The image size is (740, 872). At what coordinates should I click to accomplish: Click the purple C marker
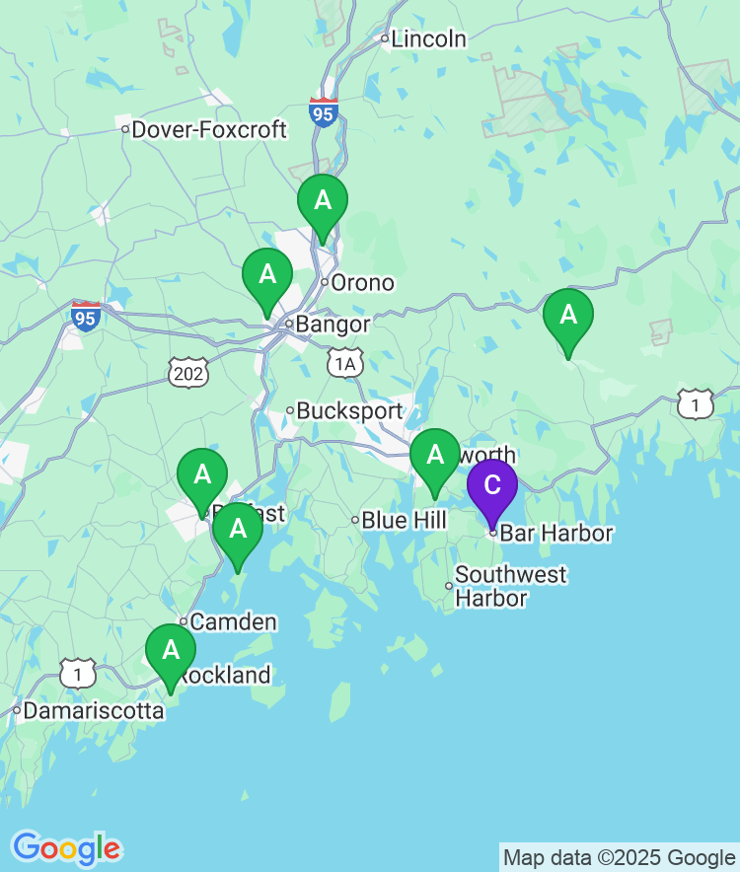[x=491, y=485]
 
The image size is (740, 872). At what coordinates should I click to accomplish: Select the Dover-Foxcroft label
[x=208, y=129]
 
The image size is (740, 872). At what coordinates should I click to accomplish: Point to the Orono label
[x=362, y=283]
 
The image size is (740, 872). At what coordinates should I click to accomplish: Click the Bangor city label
[x=333, y=325]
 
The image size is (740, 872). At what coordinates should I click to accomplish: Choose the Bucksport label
[x=349, y=410]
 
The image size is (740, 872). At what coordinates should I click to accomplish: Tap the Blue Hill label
[x=404, y=520]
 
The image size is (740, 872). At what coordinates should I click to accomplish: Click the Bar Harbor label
[x=555, y=534]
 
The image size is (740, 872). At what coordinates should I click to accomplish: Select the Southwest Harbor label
[x=510, y=586]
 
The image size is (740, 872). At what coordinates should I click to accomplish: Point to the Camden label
[x=233, y=622]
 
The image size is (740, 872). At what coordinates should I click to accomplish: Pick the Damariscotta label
[x=93, y=710]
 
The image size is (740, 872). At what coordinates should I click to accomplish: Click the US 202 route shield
[x=185, y=372]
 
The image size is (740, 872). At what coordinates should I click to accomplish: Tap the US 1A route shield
[x=344, y=364]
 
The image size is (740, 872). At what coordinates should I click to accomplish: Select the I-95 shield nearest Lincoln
[x=323, y=111]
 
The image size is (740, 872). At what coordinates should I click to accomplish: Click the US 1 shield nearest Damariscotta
[x=78, y=673]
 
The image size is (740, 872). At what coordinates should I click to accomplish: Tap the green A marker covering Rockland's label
[x=171, y=650]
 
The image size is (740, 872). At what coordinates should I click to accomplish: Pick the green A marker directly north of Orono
[x=323, y=200]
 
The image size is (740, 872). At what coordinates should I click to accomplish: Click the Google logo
[x=66, y=848]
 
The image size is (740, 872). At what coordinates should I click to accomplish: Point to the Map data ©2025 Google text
[x=619, y=858]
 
